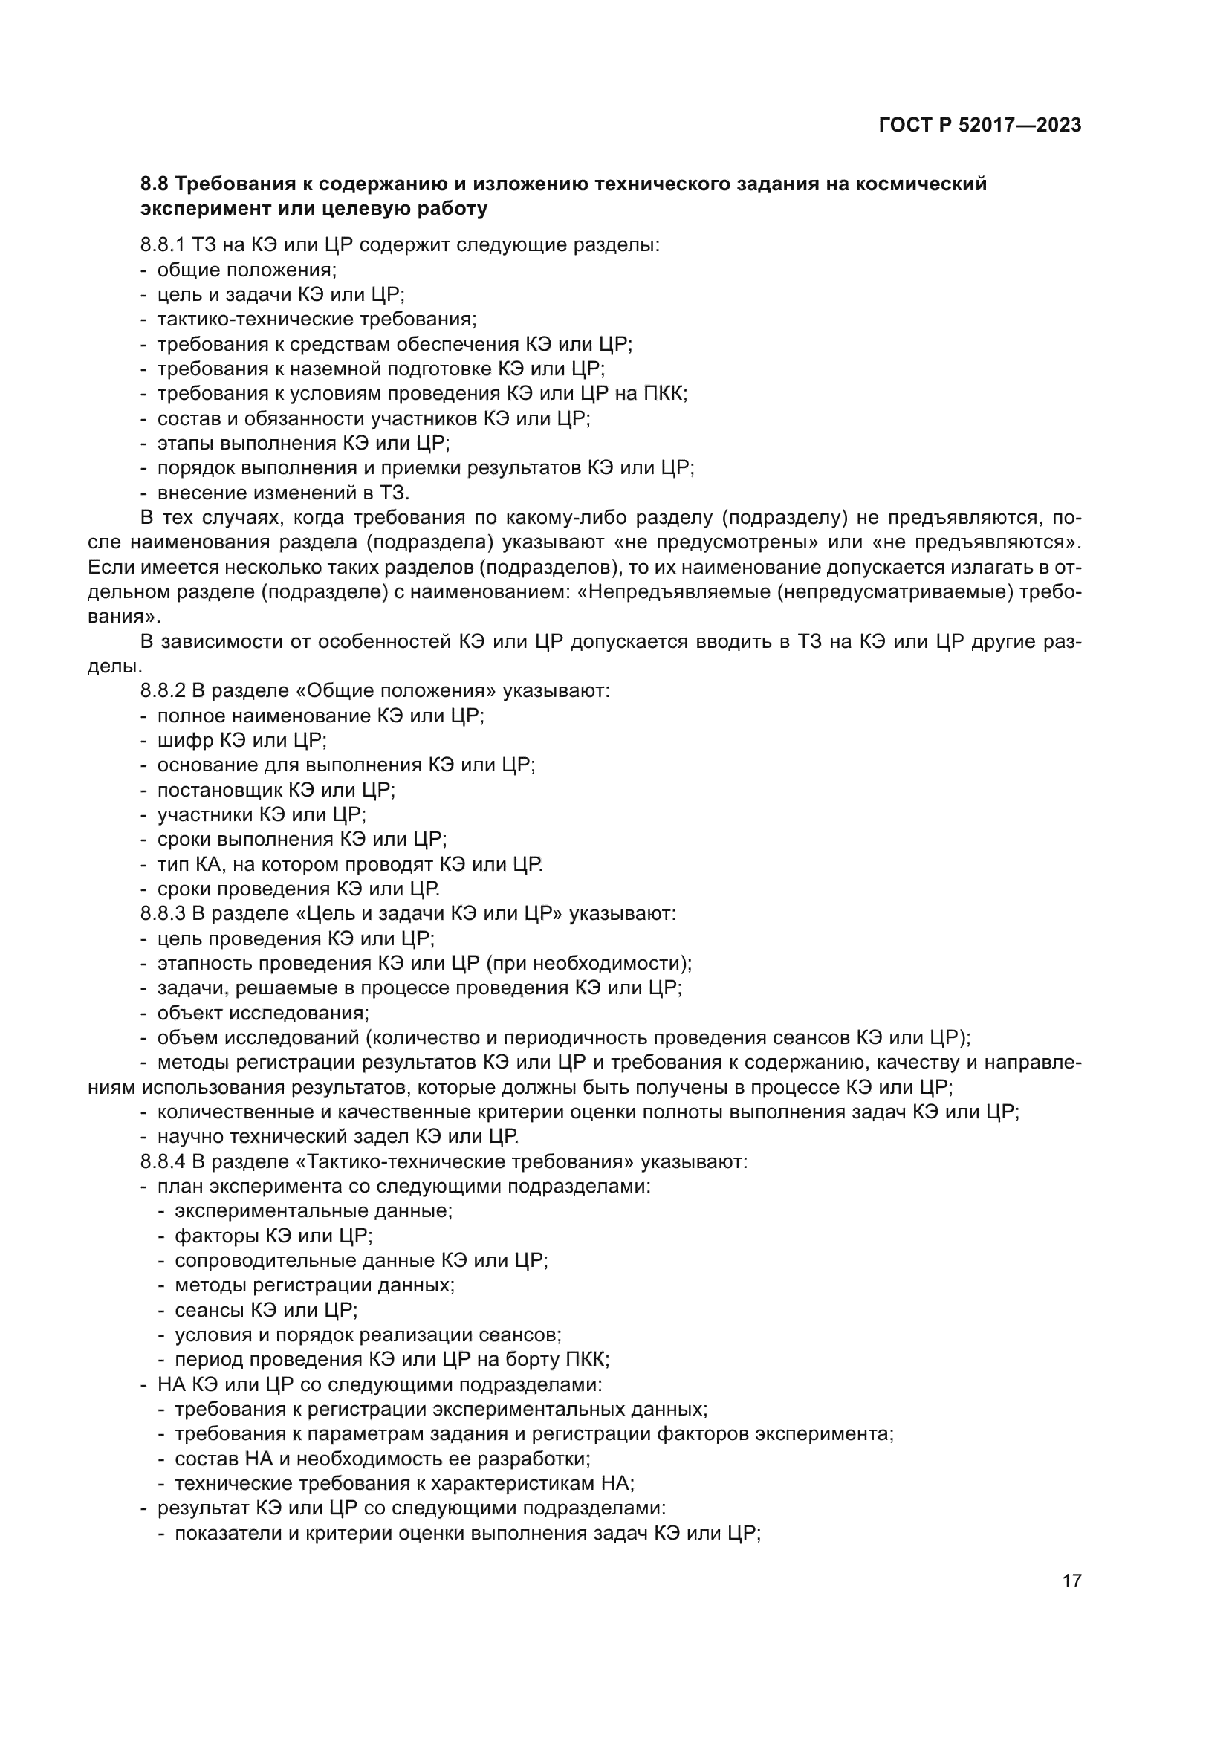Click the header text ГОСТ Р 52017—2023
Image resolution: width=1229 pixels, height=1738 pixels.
tap(980, 126)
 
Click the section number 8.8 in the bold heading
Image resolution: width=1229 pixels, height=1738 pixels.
tap(155, 184)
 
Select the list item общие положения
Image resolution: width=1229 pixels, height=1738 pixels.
tap(247, 270)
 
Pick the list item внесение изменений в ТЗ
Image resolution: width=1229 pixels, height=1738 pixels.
tap(283, 493)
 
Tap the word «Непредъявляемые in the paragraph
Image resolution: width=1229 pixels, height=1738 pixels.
tap(672, 593)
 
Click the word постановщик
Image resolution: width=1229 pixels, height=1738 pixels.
tap(218, 791)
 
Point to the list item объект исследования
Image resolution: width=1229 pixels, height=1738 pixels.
tap(262, 1013)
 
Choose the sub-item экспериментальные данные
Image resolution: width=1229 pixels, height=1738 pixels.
tap(314, 1211)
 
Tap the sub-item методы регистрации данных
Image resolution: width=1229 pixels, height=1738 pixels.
tap(315, 1285)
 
